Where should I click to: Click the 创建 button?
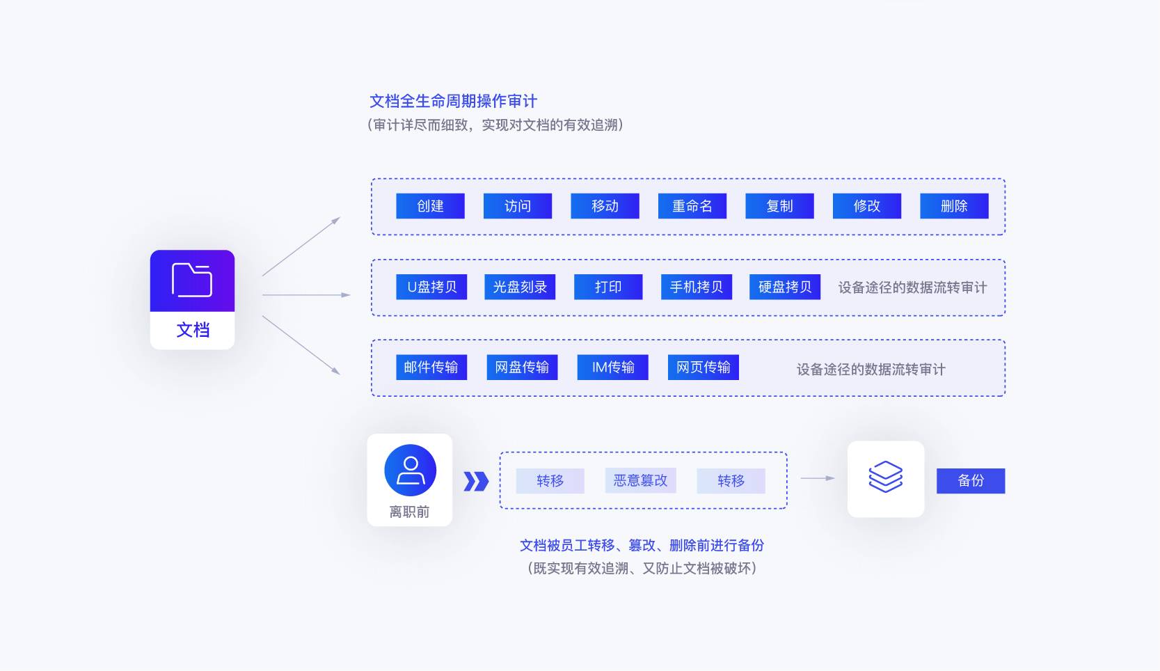click(430, 206)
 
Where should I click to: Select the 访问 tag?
click(517, 206)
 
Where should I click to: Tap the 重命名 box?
click(692, 206)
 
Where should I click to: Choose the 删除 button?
click(954, 206)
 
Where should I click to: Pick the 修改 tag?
click(866, 206)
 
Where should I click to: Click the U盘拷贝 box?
click(431, 287)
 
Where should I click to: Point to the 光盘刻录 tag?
click(520, 287)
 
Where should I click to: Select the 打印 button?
click(607, 287)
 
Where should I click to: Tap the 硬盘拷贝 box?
click(784, 287)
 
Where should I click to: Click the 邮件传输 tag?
click(431, 368)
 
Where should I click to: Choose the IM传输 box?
click(612, 368)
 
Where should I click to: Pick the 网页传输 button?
click(703, 368)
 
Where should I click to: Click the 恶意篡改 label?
click(640, 480)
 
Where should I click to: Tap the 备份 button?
click(970, 481)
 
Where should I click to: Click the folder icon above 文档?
click(192, 280)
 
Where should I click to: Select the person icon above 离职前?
click(410, 471)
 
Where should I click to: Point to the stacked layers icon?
click(885, 477)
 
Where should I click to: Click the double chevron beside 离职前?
click(476, 481)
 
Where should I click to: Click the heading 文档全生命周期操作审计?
click(453, 102)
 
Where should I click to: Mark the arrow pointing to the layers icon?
click(818, 478)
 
